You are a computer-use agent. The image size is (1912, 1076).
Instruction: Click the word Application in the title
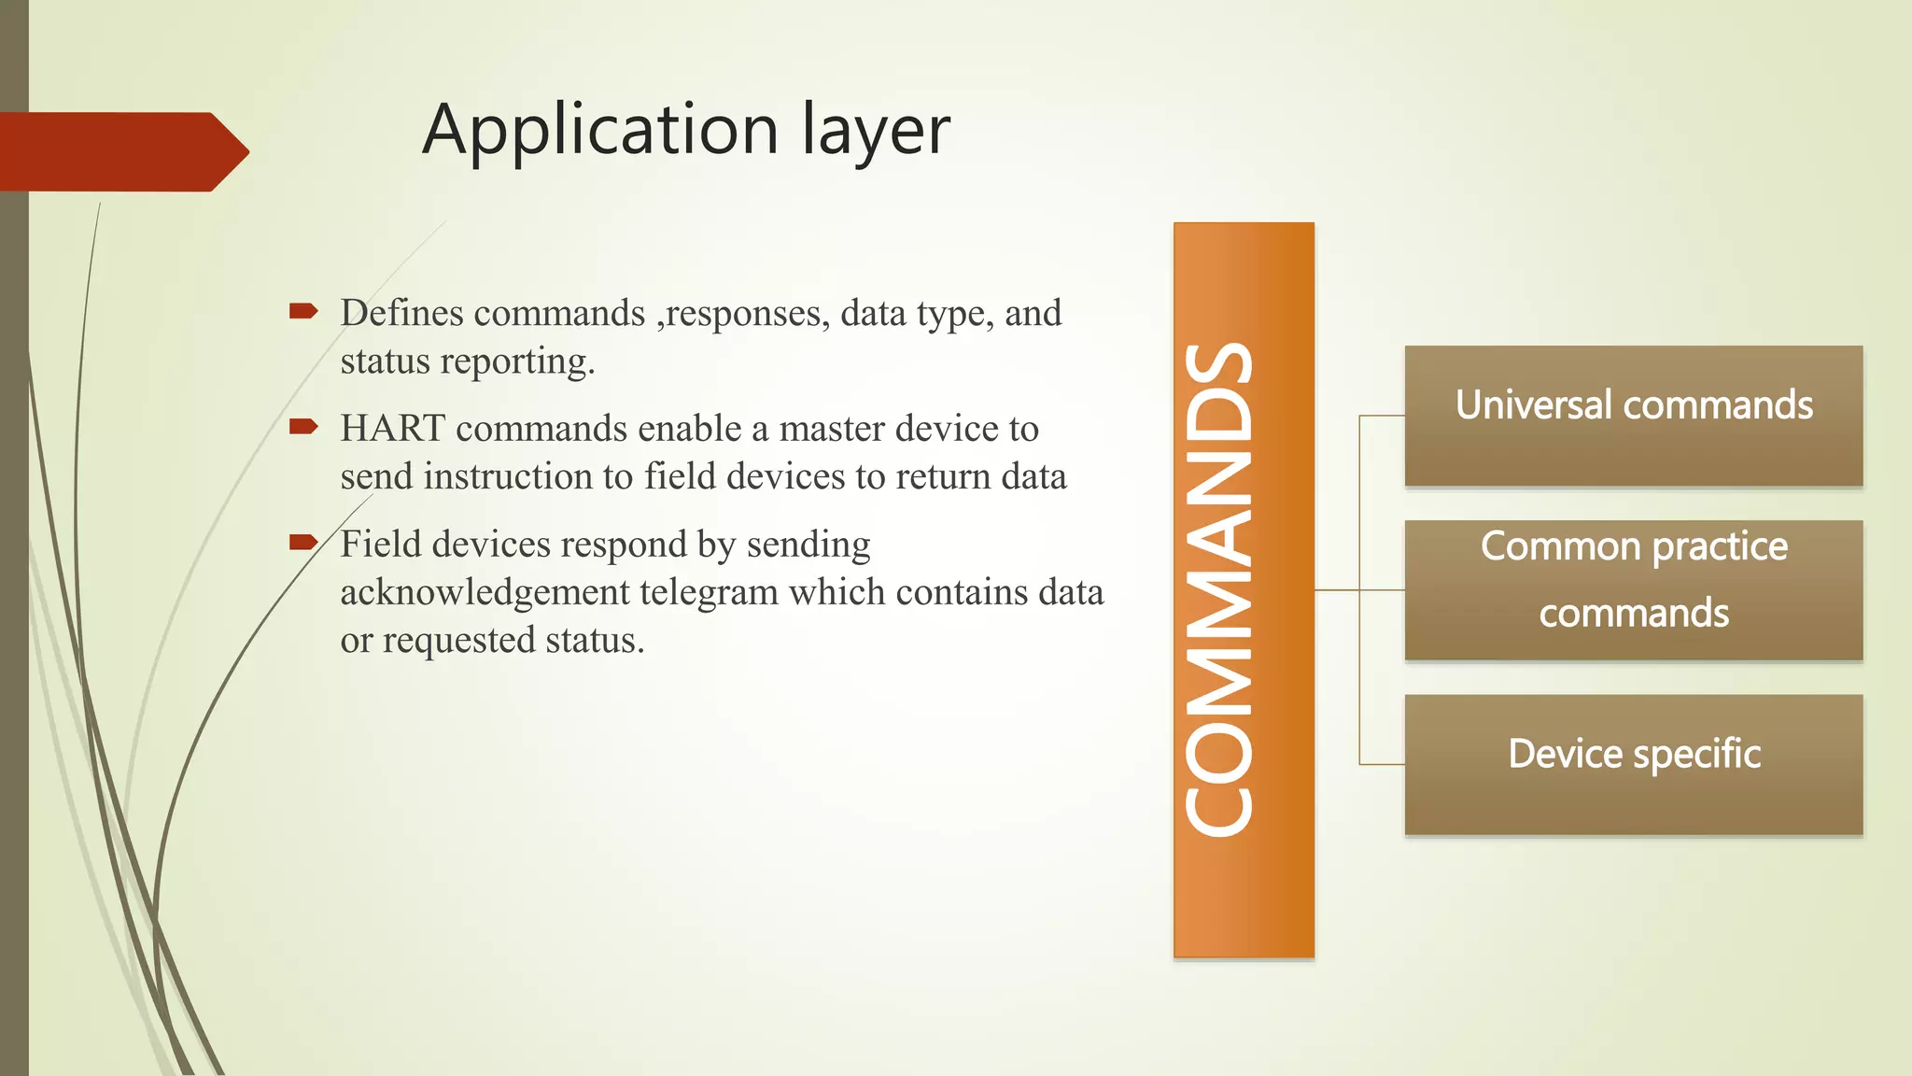pyautogui.click(x=600, y=131)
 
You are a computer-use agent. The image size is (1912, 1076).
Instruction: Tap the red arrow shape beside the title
pyautogui.click(x=121, y=151)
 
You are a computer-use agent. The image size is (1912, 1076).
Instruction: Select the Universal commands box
pyautogui.click(x=1633, y=416)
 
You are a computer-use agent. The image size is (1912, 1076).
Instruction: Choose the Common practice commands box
pyautogui.click(x=1633, y=589)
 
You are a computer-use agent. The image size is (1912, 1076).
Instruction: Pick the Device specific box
pyautogui.click(x=1633, y=764)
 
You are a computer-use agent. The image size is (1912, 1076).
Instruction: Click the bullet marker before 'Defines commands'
pyautogui.click(x=303, y=311)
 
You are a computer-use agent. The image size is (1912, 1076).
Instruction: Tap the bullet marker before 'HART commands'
pyautogui.click(x=303, y=427)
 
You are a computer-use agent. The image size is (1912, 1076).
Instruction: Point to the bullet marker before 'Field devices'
pyautogui.click(x=303, y=542)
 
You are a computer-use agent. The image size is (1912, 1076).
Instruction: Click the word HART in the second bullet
pyautogui.click(x=392, y=429)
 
